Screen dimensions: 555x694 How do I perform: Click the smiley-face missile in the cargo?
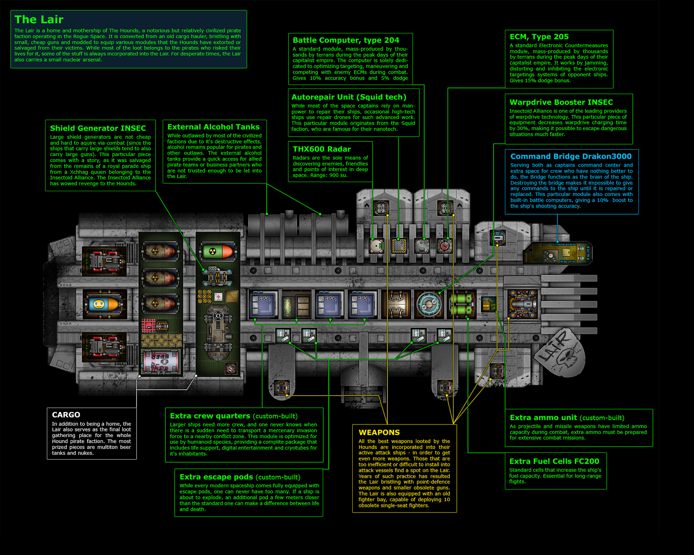[103, 304]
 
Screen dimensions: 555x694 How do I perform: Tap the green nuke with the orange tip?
[218, 251]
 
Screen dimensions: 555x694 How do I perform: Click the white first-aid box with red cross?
[219, 297]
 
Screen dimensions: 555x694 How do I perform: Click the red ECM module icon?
[444, 246]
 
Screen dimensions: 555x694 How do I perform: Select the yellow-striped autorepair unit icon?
[399, 246]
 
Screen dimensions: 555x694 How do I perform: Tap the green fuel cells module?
[462, 304]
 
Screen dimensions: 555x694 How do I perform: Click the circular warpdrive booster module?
[429, 304]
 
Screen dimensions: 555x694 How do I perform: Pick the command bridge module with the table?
[557, 253]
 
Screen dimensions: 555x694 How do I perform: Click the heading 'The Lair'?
[39, 20]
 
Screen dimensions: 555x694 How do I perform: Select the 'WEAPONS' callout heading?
[379, 432]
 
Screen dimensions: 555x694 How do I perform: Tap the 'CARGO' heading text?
[66, 415]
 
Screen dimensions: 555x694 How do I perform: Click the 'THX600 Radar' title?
[322, 149]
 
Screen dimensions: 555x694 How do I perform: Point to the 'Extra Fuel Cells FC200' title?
[554, 461]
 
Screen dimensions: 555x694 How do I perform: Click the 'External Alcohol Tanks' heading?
[213, 127]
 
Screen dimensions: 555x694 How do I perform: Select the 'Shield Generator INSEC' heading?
[98, 128]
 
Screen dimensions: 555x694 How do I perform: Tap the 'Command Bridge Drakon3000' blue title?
[571, 157]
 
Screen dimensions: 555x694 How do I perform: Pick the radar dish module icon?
[376, 246]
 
